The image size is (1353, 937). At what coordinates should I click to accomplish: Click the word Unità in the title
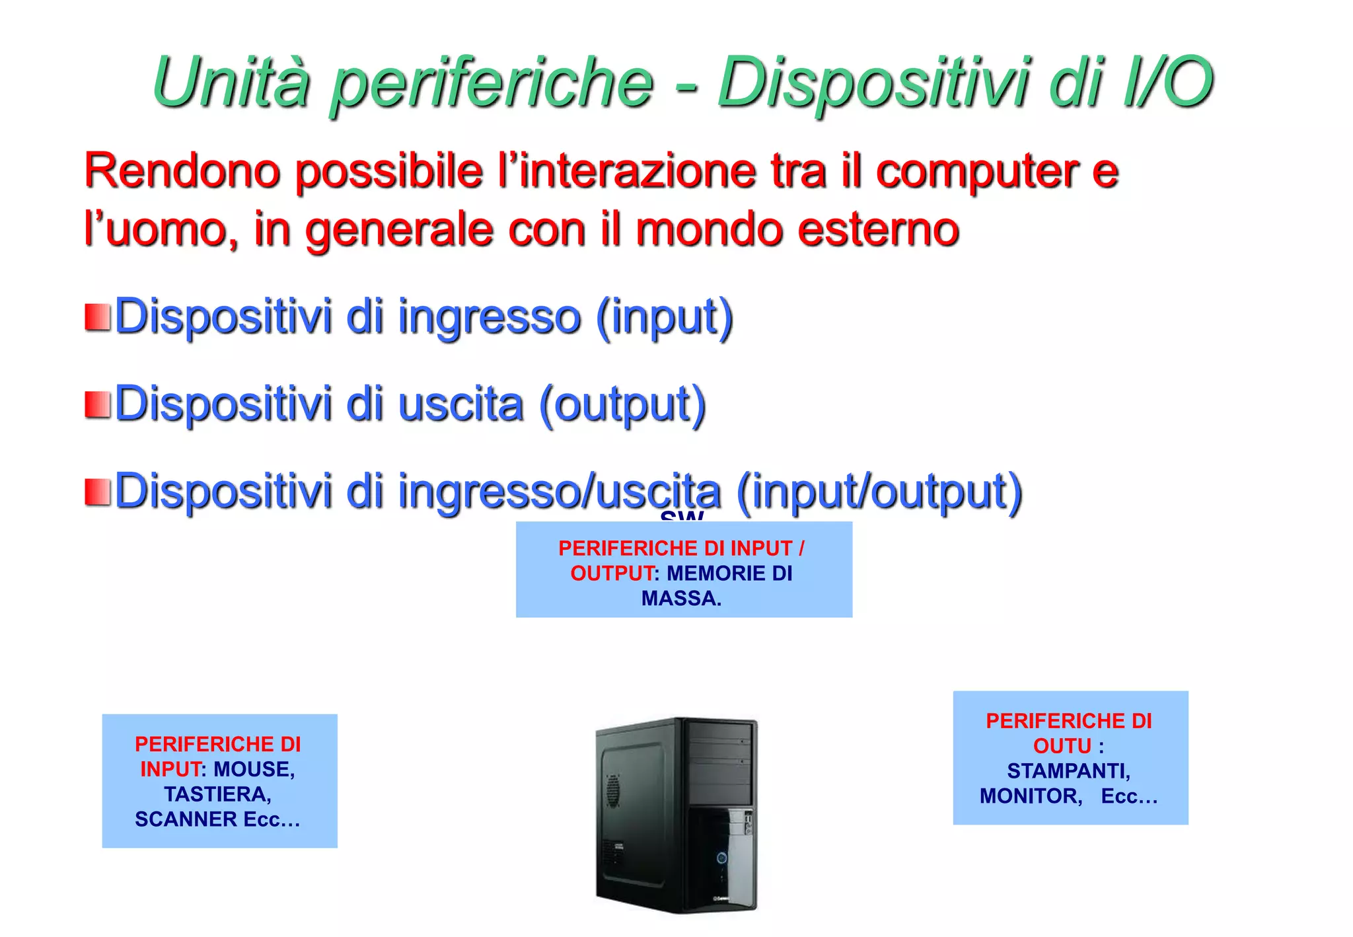231,82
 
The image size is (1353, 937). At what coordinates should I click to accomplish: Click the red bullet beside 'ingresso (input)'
97,317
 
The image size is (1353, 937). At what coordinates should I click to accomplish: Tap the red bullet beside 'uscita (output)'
97,405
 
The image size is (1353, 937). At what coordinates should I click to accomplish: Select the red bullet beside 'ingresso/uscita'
97,492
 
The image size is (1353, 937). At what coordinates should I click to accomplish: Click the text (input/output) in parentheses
879,492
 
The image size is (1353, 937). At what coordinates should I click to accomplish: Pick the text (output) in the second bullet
622,405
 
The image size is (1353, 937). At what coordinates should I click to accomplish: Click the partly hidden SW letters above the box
682,516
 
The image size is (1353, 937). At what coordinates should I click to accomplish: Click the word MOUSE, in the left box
254,769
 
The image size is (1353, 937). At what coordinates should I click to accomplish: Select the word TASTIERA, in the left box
218,794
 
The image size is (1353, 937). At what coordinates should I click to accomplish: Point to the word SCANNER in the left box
186,819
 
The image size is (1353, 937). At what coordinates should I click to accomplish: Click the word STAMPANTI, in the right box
1069,771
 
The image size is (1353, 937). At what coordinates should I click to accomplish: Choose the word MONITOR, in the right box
1031,796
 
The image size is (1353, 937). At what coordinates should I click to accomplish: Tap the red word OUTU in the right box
1062,746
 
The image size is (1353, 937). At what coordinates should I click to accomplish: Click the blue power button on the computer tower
721,858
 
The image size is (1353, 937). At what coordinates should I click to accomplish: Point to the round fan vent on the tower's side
612,791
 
